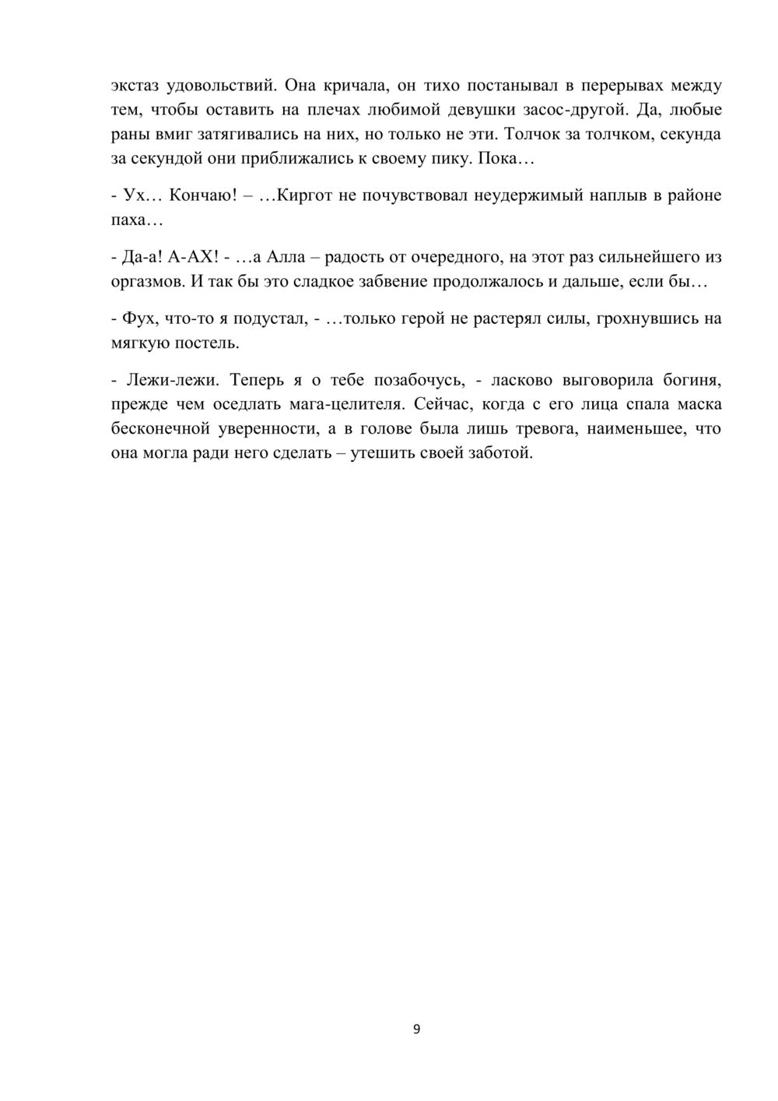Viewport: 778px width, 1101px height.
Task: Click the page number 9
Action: point(416,1029)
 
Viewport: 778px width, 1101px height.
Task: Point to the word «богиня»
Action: point(692,380)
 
